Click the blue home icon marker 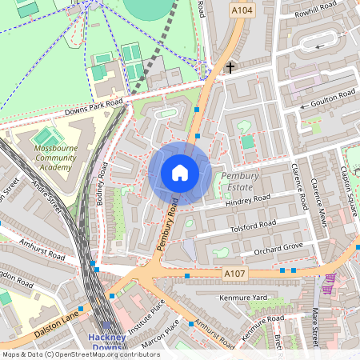[180, 172]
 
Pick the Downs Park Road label [95, 106]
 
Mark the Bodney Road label [102, 186]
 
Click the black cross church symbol [231, 68]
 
